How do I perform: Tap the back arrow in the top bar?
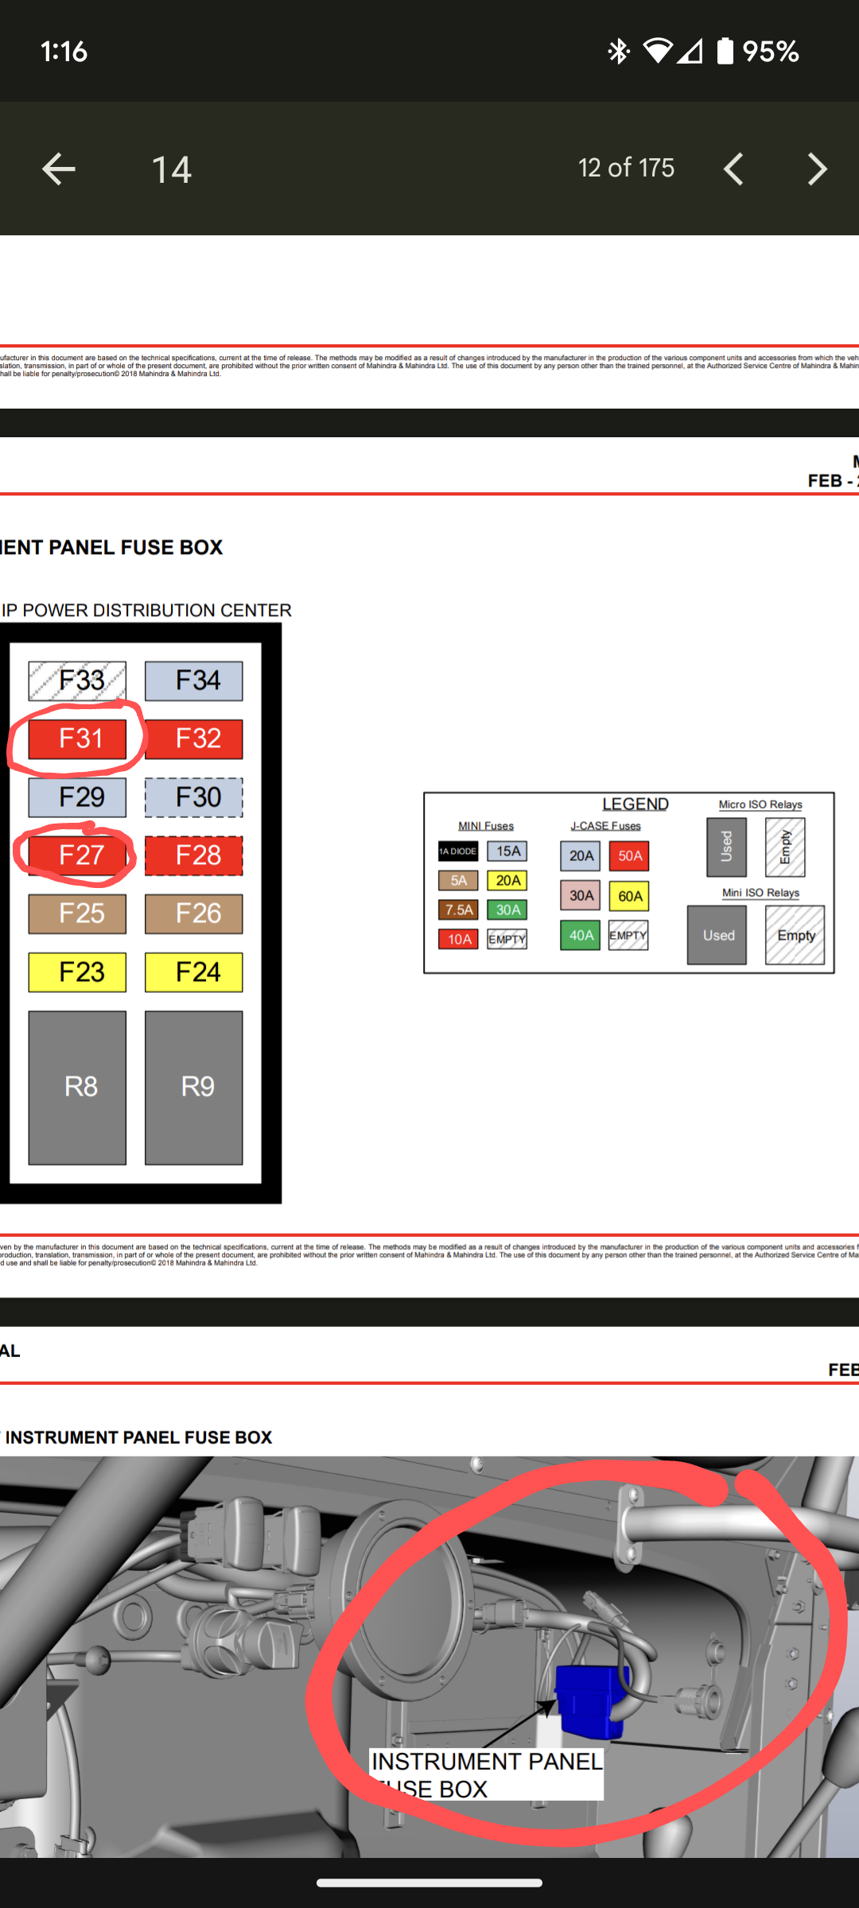point(59,169)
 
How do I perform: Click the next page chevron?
point(817,169)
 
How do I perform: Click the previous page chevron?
point(733,169)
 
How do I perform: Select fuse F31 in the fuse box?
point(77,739)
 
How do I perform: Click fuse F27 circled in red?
point(77,855)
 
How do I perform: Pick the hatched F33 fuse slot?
point(77,681)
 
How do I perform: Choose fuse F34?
point(194,681)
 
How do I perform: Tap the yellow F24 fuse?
point(194,971)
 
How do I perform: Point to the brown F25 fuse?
point(77,913)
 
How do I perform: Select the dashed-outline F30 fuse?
point(194,797)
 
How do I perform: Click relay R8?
point(77,1087)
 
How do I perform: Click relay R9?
point(194,1087)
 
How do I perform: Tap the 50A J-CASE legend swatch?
point(629,856)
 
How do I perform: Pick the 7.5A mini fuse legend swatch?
point(458,909)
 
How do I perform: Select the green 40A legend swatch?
point(581,936)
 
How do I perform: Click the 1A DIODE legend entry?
point(458,851)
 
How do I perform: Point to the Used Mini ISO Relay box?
point(717,936)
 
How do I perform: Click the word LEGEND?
point(635,805)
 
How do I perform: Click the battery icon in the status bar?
point(725,52)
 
